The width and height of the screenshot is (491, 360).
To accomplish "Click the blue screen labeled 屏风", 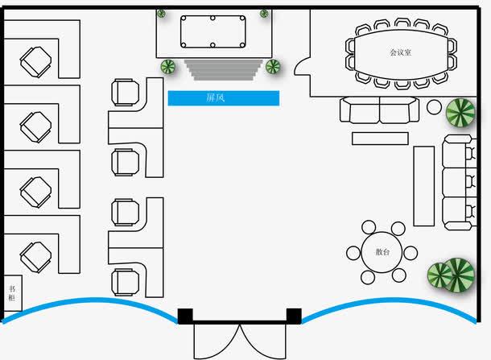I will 223,98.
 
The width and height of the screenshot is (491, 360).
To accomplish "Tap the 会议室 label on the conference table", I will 400,52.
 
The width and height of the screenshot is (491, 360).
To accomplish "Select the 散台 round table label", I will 382,252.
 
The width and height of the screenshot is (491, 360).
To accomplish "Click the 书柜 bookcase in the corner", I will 13,293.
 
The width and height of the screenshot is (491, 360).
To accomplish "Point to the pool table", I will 213,33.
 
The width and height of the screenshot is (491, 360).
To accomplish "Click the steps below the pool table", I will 225,69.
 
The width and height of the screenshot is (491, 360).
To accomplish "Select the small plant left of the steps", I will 169,67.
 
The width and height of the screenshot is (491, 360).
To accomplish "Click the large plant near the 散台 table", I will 449,275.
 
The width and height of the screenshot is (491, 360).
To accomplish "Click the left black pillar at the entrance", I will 185,315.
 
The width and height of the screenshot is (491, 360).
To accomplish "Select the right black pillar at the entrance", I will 294,315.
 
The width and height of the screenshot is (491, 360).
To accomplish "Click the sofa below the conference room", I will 379,110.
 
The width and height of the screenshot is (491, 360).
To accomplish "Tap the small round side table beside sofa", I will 434,106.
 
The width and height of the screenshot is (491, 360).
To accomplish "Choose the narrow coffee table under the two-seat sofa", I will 381,138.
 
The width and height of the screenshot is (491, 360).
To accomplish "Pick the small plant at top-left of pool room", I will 162,13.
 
